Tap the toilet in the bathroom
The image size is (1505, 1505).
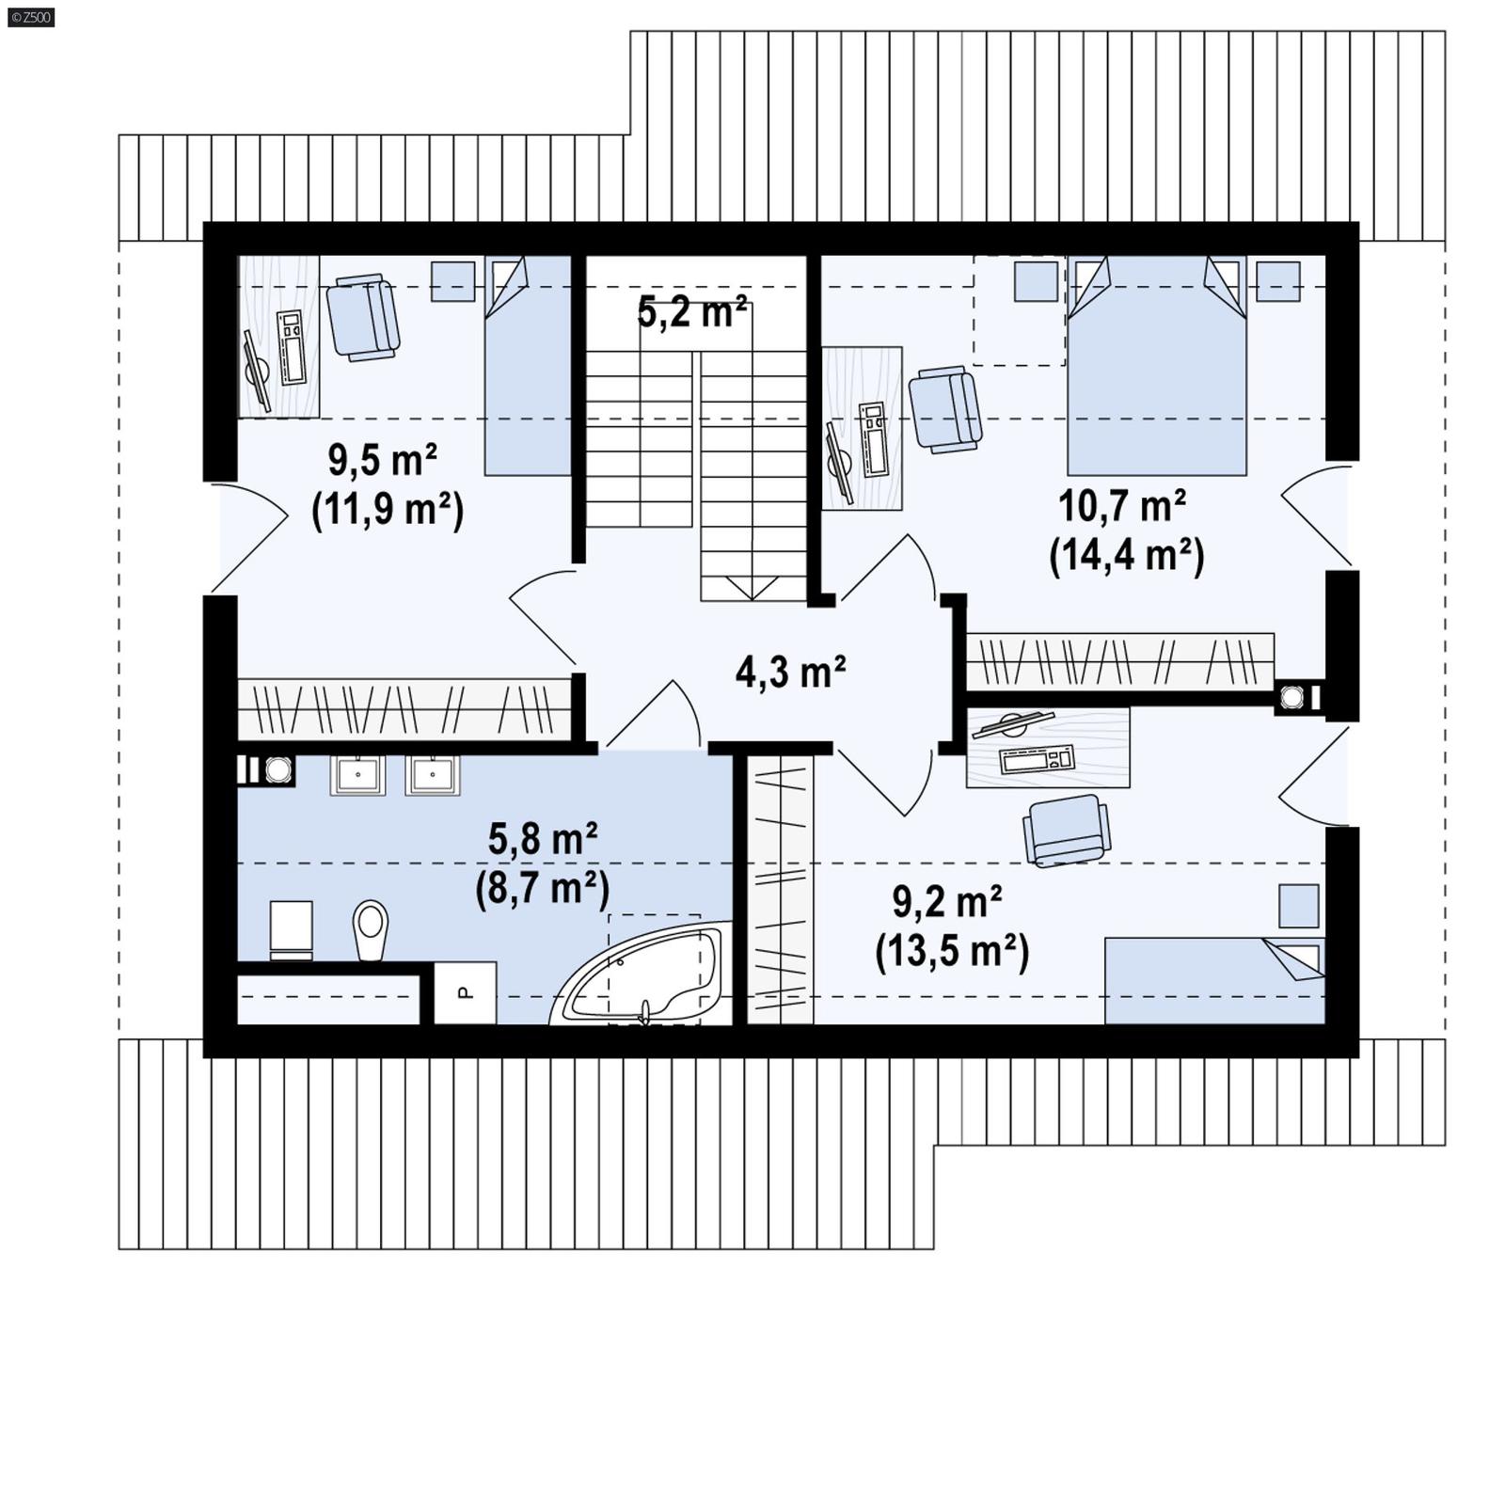click(x=371, y=929)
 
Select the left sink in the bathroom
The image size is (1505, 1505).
click(x=357, y=775)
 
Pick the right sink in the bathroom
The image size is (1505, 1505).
click(x=433, y=775)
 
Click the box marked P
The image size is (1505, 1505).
click(x=465, y=992)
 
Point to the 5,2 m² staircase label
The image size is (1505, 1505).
click(x=692, y=311)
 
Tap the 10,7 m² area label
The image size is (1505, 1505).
click(x=1121, y=506)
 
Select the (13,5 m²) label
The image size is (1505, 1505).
click(x=952, y=952)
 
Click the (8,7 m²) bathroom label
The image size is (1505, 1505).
click(x=542, y=887)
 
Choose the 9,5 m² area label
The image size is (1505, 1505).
click(x=382, y=460)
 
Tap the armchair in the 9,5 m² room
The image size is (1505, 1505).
click(x=363, y=317)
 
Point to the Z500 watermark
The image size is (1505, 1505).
click(x=30, y=16)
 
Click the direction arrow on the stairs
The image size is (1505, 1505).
click(x=752, y=587)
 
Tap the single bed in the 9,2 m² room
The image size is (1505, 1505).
click(x=1213, y=980)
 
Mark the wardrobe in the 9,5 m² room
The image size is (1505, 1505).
click(x=404, y=708)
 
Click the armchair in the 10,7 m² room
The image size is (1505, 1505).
click(x=944, y=409)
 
